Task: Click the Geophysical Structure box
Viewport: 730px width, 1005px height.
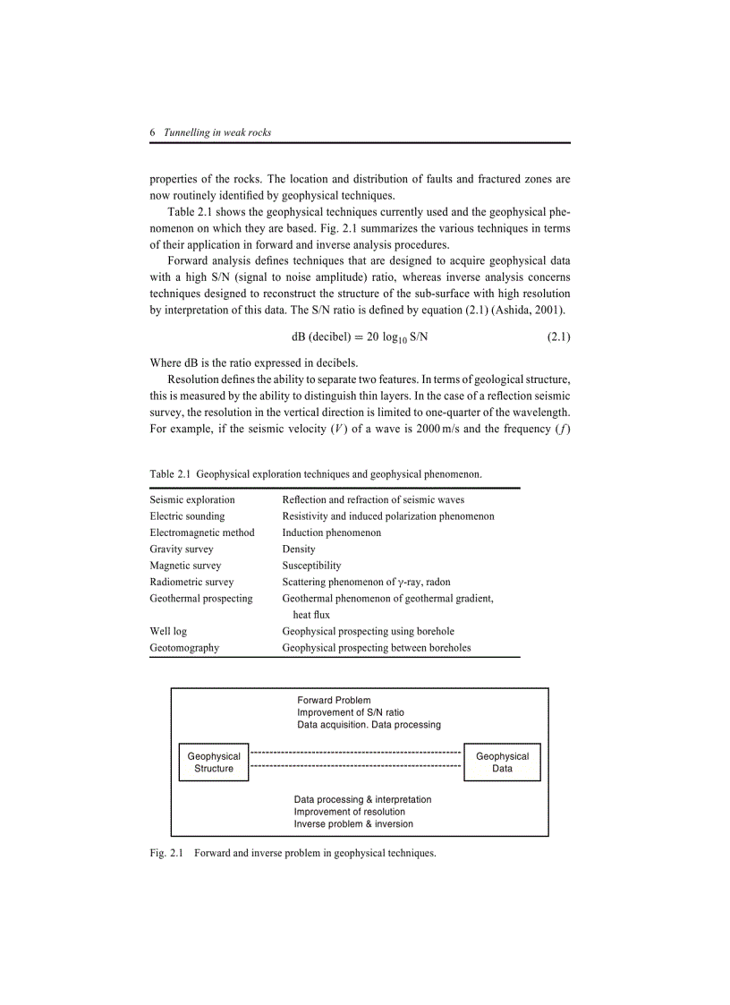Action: [214, 762]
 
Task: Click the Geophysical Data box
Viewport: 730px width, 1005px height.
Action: [502, 762]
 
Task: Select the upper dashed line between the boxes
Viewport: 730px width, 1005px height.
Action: [355, 753]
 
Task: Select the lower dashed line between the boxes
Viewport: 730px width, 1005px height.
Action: [355, 767]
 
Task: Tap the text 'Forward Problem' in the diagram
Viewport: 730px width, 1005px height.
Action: [334, 700]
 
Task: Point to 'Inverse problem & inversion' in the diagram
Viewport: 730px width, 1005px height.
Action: [353, 824]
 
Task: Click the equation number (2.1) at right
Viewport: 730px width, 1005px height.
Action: [558, 336]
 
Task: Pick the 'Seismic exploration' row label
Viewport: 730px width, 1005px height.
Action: [192, 499]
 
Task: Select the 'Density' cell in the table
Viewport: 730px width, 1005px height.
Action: [299, 549]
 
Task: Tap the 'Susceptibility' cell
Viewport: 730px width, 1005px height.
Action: [311, 566]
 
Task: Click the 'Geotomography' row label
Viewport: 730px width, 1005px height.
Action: [184, 648]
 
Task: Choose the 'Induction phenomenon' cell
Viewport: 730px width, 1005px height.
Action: [331, 532]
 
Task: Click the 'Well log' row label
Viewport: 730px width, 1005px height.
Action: [168, 631]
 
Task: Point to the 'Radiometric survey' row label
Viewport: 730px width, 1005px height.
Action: [191, 582]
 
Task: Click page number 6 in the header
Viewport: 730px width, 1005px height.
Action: [153, 132]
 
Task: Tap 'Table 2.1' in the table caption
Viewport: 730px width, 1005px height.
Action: [170, 473]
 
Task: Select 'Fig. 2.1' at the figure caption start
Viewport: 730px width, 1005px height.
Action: [166, 854]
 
